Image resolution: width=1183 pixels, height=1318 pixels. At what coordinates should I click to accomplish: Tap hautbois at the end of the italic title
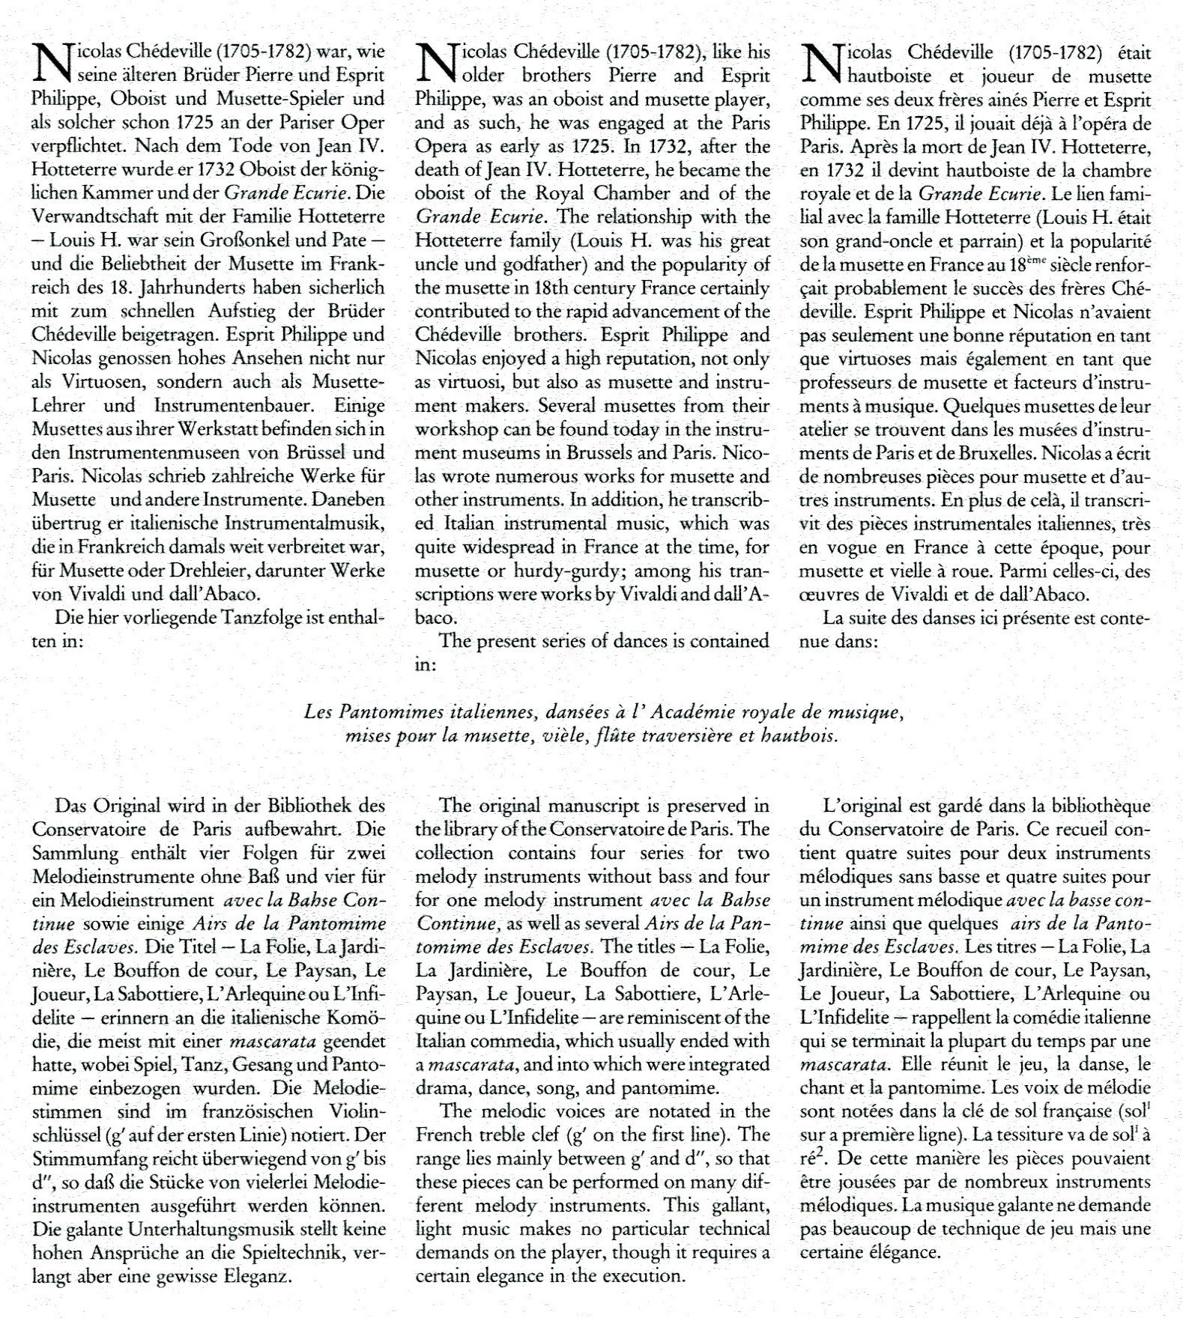[x=798, y=736]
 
